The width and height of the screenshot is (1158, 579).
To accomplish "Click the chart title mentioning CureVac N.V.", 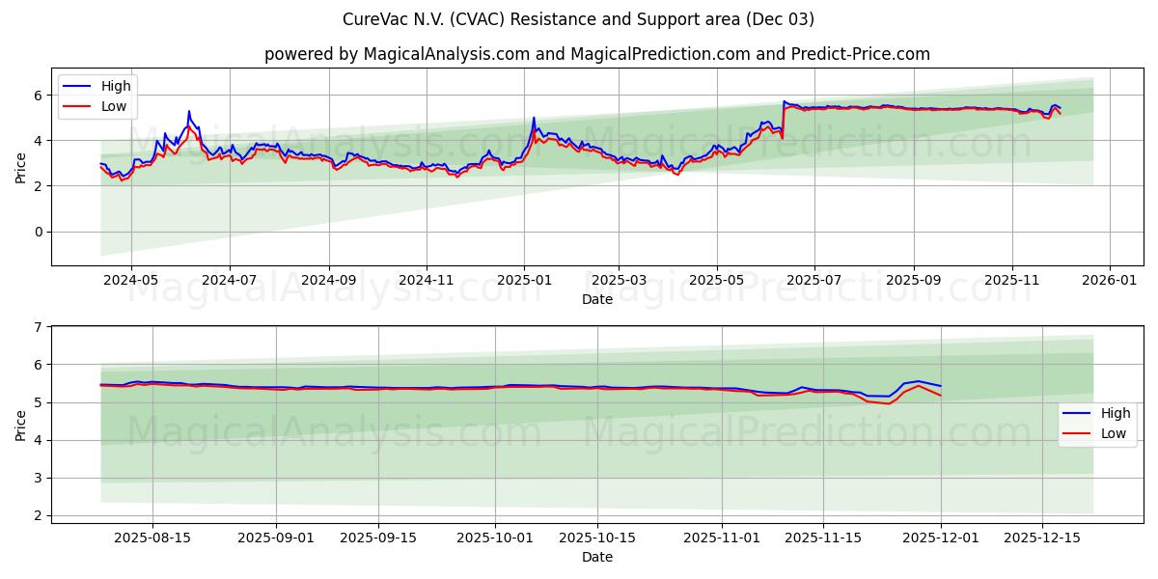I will tap(578, 19).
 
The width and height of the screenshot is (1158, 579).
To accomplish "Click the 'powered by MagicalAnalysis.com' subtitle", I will tap(597, 54).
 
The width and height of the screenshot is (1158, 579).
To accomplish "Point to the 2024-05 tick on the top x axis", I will tap(130, 281).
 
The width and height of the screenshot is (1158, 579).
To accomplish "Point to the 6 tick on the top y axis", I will tap(39, 96).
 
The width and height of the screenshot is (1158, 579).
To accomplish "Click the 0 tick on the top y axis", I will tap(39, 232).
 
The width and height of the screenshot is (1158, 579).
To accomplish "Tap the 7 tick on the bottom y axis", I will tap(39, 327).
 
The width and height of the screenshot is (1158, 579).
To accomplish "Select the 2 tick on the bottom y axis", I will tap(39, 515).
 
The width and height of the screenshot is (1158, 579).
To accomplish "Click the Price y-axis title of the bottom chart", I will tap(21, 425).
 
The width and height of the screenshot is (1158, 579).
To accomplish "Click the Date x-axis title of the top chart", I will tap(597, 299).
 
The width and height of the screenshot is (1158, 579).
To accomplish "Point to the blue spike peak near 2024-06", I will tap(189, 111).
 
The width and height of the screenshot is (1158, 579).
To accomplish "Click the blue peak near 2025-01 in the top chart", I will tap(534, 118).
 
